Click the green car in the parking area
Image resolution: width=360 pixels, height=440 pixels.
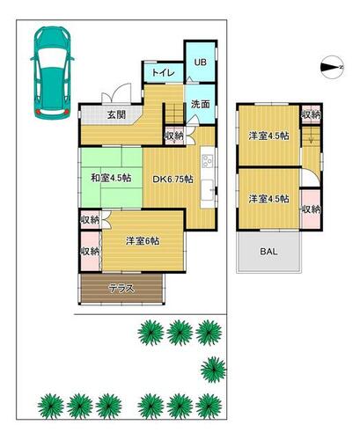(x=52, y=72)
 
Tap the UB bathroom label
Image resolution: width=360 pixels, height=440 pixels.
(x=201, y=62)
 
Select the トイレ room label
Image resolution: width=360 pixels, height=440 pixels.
(x=163, y=73)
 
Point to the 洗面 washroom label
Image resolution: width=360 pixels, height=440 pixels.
(x=201, y=104)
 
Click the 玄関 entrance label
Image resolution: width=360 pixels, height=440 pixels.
(x=116, y=114)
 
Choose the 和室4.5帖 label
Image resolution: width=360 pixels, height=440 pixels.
(x=111, y=178)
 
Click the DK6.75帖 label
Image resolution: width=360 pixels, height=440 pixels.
(x=173, y=180)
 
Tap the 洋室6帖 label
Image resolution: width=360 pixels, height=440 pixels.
(x=143, y=241)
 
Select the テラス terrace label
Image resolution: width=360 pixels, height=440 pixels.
(x=121, y=289)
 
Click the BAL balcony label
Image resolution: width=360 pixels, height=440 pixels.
(x=268, y=252)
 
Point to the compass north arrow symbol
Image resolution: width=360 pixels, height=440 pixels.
(x=332, y=68)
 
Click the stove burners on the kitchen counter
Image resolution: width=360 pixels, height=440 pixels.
(x=208, y=161)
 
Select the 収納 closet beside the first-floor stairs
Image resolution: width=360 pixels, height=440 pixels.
(x=174, y=136)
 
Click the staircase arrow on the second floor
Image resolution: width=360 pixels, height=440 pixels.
(x=311, y=135)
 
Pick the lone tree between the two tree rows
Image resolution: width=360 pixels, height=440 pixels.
(x=213, y=370)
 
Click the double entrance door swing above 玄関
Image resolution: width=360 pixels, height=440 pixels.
(x=117, y=93)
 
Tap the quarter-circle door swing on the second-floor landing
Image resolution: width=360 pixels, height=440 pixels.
(x=311, y=177)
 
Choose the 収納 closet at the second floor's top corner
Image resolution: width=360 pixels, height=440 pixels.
(x=311, y=114)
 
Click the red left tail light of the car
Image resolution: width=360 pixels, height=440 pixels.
(x=38, y=112)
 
